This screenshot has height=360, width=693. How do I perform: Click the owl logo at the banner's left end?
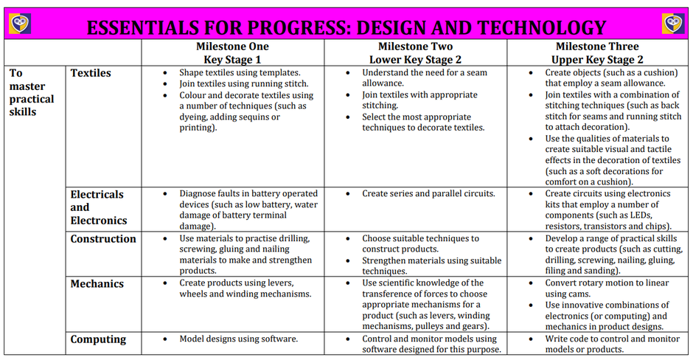(20, 24)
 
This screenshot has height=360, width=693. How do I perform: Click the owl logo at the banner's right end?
(672, 24)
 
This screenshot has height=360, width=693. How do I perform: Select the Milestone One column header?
(232, 52)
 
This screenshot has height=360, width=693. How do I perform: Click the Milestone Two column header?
(416, 52)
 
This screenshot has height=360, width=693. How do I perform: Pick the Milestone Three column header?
(597, 52)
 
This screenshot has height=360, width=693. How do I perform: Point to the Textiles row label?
(91, 73)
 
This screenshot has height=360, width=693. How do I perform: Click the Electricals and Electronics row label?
(99, 207)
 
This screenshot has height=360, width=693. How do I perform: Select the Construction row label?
(103, 239)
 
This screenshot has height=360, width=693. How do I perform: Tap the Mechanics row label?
(97, 284)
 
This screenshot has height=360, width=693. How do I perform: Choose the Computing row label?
(98, 339)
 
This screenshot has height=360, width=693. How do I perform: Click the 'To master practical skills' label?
(32, 92)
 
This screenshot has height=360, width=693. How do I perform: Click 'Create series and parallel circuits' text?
(428, 194)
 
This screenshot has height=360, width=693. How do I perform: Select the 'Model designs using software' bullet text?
(238, 339)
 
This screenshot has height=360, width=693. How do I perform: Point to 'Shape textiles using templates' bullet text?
(240, 72)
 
